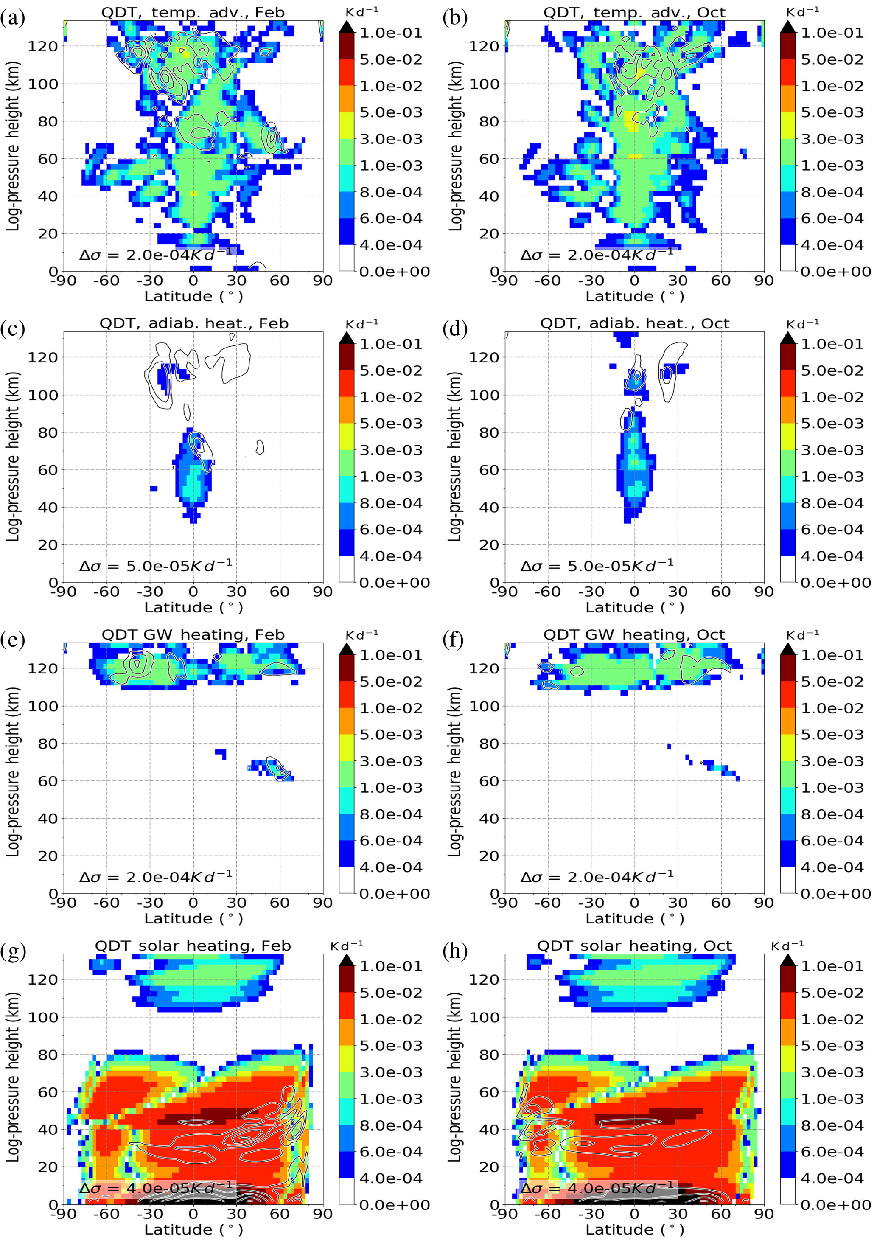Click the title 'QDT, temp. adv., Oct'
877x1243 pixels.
pos(634,12)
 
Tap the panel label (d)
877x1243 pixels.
pos(455,329)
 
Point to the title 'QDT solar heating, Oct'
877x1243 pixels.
pos(634,946)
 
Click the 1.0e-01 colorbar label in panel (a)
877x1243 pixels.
pos(391,33)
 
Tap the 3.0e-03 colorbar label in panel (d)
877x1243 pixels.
pos(832,450)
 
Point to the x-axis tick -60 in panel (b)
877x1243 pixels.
pos(547,281)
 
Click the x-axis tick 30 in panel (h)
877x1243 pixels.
pos(677,1213)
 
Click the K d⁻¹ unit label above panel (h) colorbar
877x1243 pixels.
pos(787,945)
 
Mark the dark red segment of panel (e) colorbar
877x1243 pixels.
pos(347,668)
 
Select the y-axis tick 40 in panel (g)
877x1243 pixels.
pos(48,1130)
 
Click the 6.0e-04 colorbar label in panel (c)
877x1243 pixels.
pos(391,530)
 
